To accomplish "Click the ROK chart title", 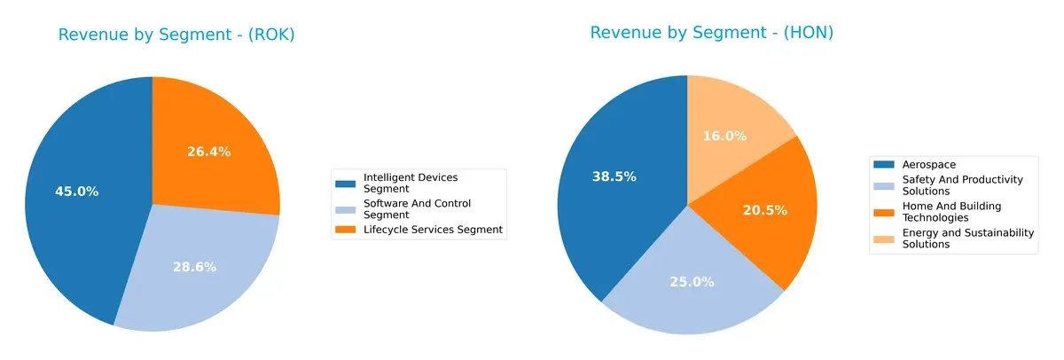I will tap(176, 35).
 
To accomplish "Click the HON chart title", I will tap(712, 33).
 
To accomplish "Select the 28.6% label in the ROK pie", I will tap(194, 266).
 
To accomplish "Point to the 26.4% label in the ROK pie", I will tap(208, 152).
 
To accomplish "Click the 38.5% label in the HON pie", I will tap(614, 176).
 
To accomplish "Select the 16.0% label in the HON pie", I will tap(724, 136).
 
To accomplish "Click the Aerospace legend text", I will tap(928, 165).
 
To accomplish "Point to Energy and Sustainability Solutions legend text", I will tap(967, 238).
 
